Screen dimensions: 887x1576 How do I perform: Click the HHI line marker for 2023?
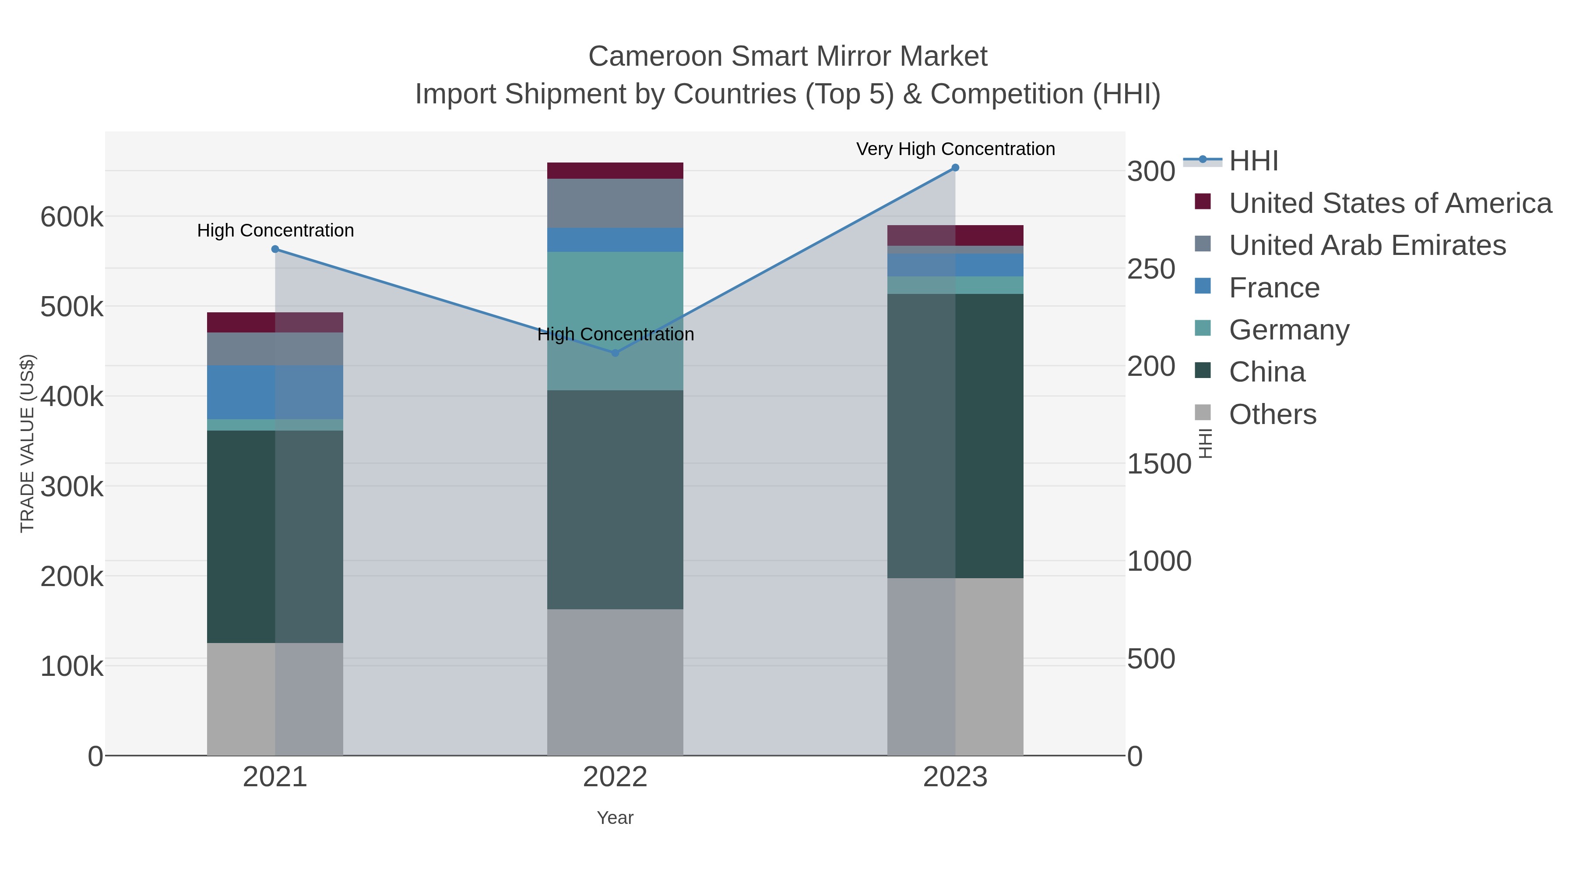coord(955,168)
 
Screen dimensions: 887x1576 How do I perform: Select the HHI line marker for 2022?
coord(615,353)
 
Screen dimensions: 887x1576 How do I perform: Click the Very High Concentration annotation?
coord(955,149)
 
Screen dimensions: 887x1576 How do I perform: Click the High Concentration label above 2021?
coord(275,231)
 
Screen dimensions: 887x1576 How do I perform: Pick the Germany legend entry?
coord(1288,330)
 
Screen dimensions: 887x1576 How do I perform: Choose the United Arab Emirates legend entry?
coord(1367,245)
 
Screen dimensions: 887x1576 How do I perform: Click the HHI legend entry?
coord(1253,161)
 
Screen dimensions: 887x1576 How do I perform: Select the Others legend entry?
coord(1272,414)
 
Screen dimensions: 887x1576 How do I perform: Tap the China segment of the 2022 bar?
coord(615,499)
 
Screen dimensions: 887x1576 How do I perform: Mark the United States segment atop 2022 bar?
coord(615,170)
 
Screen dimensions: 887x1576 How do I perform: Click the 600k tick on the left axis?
coord(72,217)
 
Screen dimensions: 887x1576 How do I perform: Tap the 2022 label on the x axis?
coord(615,777)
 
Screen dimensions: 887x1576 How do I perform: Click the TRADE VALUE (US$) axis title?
coord(28,443)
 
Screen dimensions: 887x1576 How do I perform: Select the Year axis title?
coord(615,818)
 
